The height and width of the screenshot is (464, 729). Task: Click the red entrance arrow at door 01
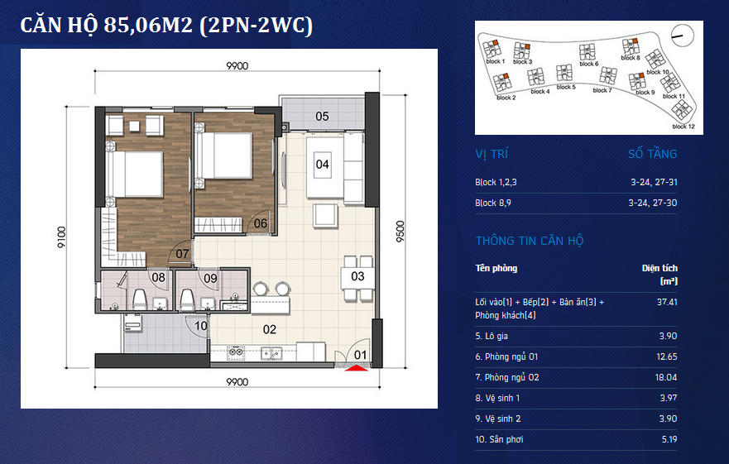point(356,368)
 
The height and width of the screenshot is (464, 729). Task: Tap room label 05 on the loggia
point(322,117)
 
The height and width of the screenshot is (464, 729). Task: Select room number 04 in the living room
point(322,164)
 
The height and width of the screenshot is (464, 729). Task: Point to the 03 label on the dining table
point(357,276)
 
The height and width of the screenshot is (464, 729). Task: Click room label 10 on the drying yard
point(201,326)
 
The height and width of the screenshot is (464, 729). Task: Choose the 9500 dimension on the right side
point(400,231)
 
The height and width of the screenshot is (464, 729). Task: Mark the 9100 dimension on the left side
point(62,237)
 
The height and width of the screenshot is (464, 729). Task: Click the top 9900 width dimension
point(237,66)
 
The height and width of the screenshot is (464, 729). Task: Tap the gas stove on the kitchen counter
point(236,353)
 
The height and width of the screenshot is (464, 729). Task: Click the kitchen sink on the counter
point(271,353)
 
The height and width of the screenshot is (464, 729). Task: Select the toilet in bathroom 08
point(140,299)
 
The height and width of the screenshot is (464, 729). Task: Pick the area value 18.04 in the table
point(666,377)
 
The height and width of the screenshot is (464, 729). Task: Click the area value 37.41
point(667,302)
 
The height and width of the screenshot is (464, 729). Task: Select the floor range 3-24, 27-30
point(653,203)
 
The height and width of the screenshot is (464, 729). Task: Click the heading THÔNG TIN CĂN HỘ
point(529,241)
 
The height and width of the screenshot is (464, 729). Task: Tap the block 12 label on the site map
point(683,127)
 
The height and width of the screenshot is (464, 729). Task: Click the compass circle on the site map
point(683,35)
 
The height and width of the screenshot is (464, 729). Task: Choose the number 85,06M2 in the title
point(148,25)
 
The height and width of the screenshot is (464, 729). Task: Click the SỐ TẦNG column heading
point(652,154)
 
